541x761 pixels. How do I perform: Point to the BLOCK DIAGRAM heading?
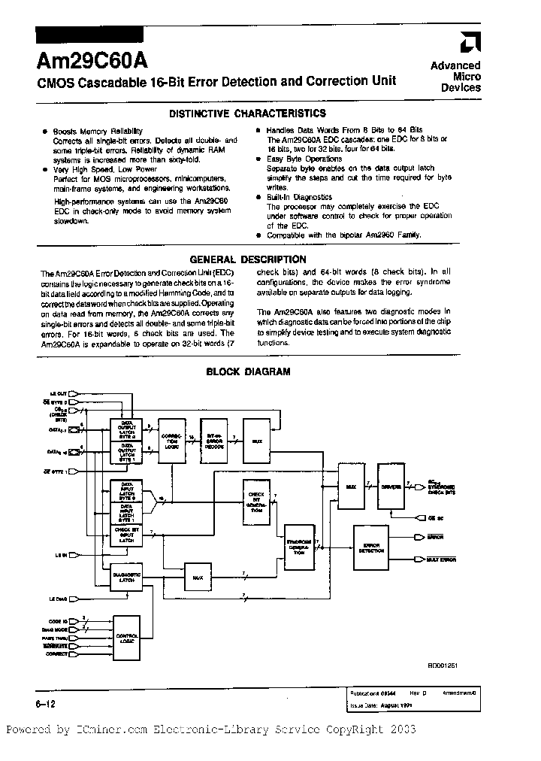[x=248, y=371]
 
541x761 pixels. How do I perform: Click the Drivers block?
[x=389, y=487]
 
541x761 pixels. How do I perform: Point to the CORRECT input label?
[x=57, y=654]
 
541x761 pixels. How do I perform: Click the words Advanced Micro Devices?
[x=455, y=77]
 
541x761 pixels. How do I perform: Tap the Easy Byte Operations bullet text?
[x=304, y=159]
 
